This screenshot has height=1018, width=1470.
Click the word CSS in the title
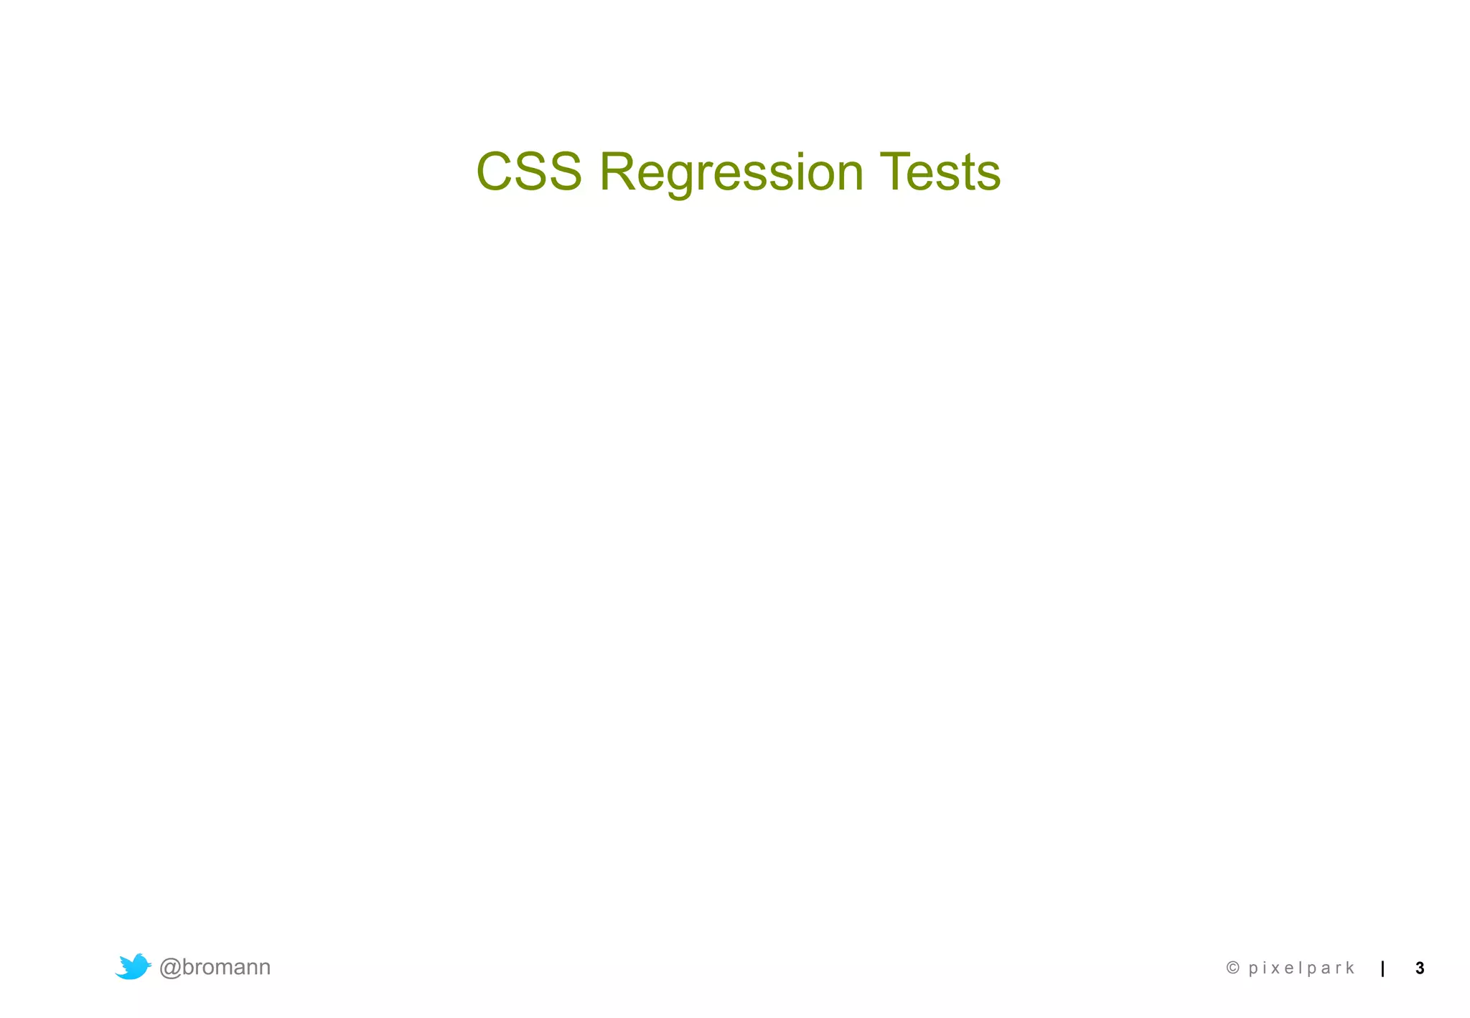tap(529, 172)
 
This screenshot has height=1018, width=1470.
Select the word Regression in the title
tap(731, 172)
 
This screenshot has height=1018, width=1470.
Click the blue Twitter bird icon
tap(133, 966)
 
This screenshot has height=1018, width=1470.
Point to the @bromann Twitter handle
tap(215, 967)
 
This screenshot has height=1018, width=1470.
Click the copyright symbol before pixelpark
tap(1233, 968)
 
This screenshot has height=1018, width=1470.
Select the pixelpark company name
tap(1301, 968)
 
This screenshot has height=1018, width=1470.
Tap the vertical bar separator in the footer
tap(1382, 968)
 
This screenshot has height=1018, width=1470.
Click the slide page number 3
tap(1420, 968)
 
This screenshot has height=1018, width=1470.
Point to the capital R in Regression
tap(618, 172)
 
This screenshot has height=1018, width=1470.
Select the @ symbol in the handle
tap(170, 968)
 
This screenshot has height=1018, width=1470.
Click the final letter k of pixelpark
tap(1349, 968)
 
